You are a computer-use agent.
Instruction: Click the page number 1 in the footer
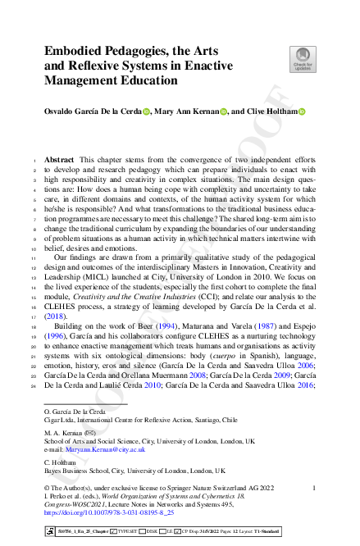click(314, 489)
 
